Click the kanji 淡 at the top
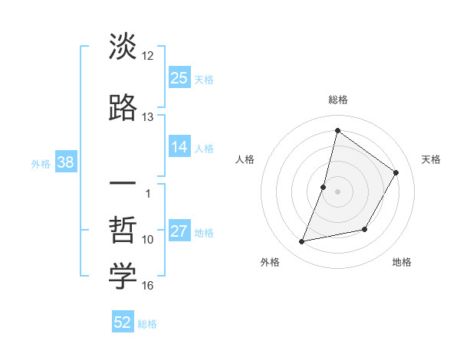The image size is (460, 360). pyautogui.click(x=123, y=47)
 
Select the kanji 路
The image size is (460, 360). pyautogui.click(x=123, y=107)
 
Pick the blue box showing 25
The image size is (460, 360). pyautogui.click(x=179, y=77)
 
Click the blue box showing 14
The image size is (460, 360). pyautogui.click(x=179, y=147)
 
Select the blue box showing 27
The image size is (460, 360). pyautogui.click(x=179, y=231)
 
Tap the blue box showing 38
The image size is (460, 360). pyautogui.click(x=64, y=162)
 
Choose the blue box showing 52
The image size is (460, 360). pyautogui.click(x=123, y=322)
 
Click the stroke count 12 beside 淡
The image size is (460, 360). pyautogui.click(x=148, y=56)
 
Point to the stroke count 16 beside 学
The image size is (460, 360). pyautogui.click(x=148, y=286)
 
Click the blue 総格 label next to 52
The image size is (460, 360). pyautogui.click(x=147, y=324)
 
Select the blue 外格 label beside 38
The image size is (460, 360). pyautogui.click(x=41, y=164)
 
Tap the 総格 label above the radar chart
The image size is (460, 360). pyautogui.click(x=337, y=100)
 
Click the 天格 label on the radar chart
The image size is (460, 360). pyautogui.click(x=432, y=159)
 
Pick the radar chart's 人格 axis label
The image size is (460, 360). pyautogui.click(x=245, y=159)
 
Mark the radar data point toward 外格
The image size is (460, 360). pyautogui.click(x=302, y=242)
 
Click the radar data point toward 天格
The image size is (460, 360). pyautogui.click(x=396, y=172)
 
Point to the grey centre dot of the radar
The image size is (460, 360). pyautogui.click(x=337, y=191)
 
